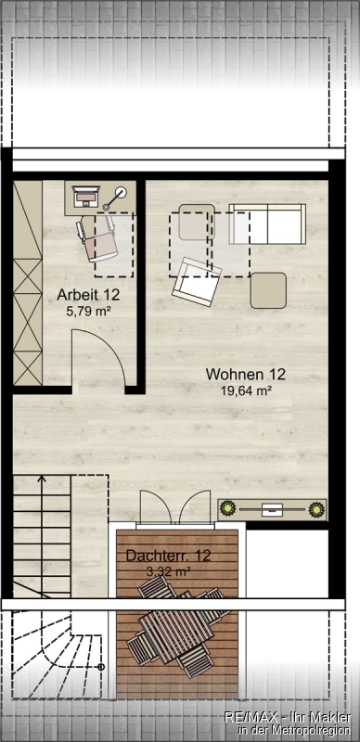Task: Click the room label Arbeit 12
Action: (x=88, y=294)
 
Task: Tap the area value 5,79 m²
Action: (x=88, y=312)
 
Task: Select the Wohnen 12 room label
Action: (x=245, y=374)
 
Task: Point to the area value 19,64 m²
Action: (x=245, y=390)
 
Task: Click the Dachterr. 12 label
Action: (x=168, y=555)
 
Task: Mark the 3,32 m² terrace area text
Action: (x=169, y=571)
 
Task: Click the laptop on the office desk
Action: (x=85, y=196)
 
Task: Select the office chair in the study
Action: (x=98, y=237)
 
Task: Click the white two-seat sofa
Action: (x=267, y=224)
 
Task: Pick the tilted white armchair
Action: (x=197, y=282)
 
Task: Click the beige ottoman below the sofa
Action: (x=268, y=290)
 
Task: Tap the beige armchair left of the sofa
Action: (x=197, y=222)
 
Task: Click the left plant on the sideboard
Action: (x=229, y=509)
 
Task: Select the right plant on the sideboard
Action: (x=316, y=509)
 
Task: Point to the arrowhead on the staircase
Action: (x=42, y=479)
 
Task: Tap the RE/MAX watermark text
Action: (x=288, y=724)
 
